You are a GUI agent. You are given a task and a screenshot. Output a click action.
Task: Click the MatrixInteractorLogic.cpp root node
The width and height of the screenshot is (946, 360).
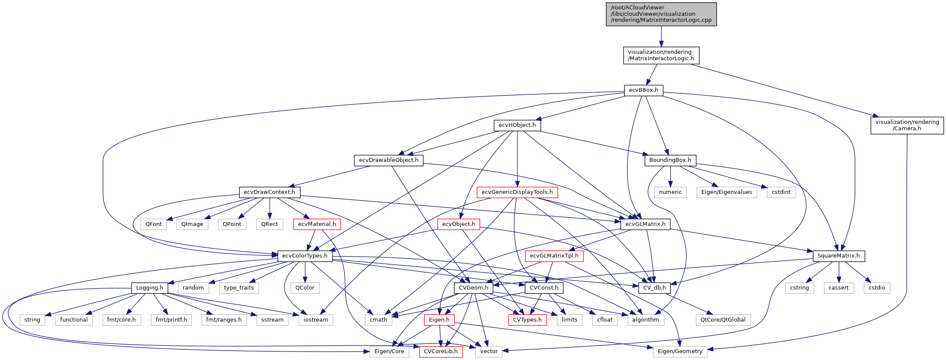[x=661, y=14]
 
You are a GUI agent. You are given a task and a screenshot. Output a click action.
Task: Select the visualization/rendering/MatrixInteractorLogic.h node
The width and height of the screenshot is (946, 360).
[x=661, y=55]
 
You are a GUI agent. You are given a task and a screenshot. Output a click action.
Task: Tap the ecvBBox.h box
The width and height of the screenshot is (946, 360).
[x=644, y=90]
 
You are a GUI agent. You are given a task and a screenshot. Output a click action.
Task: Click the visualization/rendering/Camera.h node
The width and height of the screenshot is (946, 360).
[x=907, y=125]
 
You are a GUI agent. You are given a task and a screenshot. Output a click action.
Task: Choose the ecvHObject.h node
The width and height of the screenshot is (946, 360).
[x=517, y=125]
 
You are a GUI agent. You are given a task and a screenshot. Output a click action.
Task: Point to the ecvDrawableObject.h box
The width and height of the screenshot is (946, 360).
[x=388, y=160]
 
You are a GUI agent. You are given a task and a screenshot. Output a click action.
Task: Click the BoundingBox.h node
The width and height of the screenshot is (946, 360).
[x=670, y=160]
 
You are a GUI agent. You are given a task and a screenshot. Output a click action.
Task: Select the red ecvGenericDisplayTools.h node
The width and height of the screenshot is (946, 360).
[x=517, y=192]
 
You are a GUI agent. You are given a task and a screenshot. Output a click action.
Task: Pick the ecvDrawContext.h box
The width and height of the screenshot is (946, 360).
[x=269, y=192]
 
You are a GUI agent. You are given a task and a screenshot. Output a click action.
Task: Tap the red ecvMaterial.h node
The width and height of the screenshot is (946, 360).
[x=317, y=224]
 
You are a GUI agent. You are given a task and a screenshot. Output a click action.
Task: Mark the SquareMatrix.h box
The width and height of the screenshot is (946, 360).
[x=839, y=256]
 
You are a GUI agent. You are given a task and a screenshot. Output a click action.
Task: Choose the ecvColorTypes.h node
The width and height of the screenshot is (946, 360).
[x=305, y=256]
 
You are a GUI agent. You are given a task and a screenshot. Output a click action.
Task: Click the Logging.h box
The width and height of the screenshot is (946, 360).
[x=149, y=288]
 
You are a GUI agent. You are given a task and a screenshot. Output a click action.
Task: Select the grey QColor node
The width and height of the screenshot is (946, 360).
[x=305, y=288]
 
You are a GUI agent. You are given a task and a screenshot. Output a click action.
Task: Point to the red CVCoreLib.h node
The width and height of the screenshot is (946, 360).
[x=441, y=351]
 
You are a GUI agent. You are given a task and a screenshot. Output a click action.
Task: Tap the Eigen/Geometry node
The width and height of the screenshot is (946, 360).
[x=680, y=351]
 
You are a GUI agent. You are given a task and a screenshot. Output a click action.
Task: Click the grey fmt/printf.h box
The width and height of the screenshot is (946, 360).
[x=171, y=320]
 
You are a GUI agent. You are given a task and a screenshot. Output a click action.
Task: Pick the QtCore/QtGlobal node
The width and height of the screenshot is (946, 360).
[x=723, y=320]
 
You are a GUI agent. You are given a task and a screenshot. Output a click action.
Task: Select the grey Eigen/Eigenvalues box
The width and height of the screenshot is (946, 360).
[x=727, y=192]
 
